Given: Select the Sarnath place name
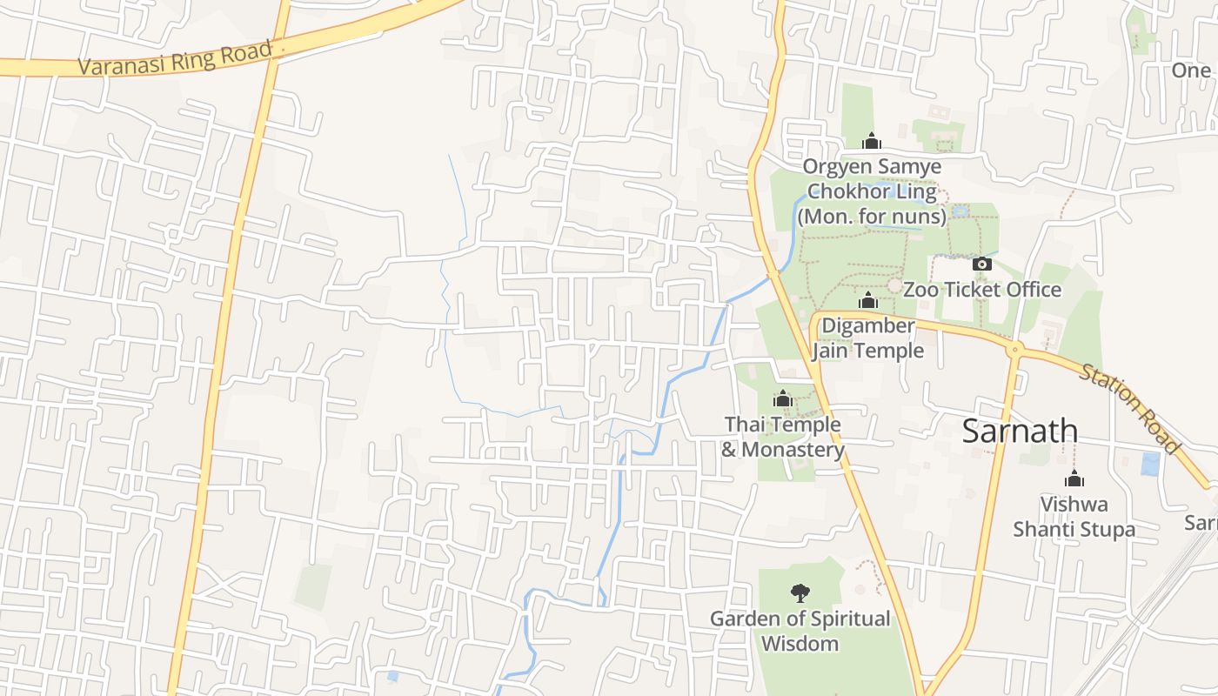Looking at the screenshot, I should [x=1020, y=432].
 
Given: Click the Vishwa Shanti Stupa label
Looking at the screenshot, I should [x=1074, y=517].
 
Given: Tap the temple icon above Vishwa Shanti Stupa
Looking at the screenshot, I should [x=1074, y=478].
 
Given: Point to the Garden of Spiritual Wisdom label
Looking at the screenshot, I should [x=800, y=631].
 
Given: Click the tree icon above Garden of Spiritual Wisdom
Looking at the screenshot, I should [x=800, y=593].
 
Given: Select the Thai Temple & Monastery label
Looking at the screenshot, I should [x=782, y=437].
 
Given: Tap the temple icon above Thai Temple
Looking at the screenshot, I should [x=782, y=398].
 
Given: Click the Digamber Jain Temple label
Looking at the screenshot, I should [x=867, y=338].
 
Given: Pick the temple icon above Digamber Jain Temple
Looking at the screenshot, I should [x=867, y=300].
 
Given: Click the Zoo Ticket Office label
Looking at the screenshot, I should [x=981, y=290].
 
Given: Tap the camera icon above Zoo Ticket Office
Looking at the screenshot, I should [x=981, y=264].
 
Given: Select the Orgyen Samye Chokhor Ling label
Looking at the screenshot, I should [x=872, y=191].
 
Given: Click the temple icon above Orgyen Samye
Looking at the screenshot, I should [x=872, y=141].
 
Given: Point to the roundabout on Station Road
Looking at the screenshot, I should [x=1014, y=350].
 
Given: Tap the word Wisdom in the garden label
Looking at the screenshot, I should [x=800, y=644].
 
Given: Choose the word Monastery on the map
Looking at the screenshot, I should [x=793, y=450].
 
